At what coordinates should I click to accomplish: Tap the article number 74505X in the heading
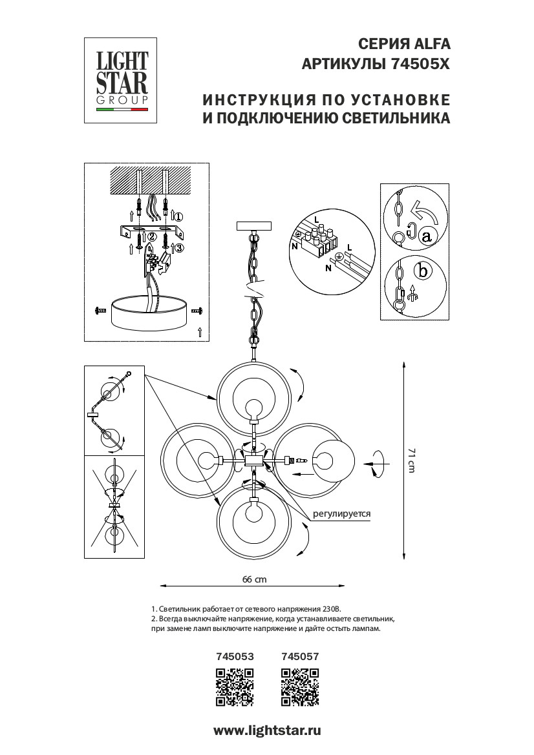pos(420,65)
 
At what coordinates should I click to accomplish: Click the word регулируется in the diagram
pos(341,515)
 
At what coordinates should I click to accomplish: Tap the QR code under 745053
pos(234,687)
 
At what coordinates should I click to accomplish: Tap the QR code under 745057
pos(301,687)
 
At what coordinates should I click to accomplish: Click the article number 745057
pos(301,656)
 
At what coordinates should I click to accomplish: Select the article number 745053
pos(234,656)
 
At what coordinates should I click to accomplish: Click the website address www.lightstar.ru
pos(267,730)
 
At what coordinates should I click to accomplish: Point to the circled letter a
pos(425,236)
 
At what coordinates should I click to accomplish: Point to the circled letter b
pos(423,271)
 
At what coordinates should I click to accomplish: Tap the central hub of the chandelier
pos(253,460)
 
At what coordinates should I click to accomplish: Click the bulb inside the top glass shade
pos(253,408)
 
